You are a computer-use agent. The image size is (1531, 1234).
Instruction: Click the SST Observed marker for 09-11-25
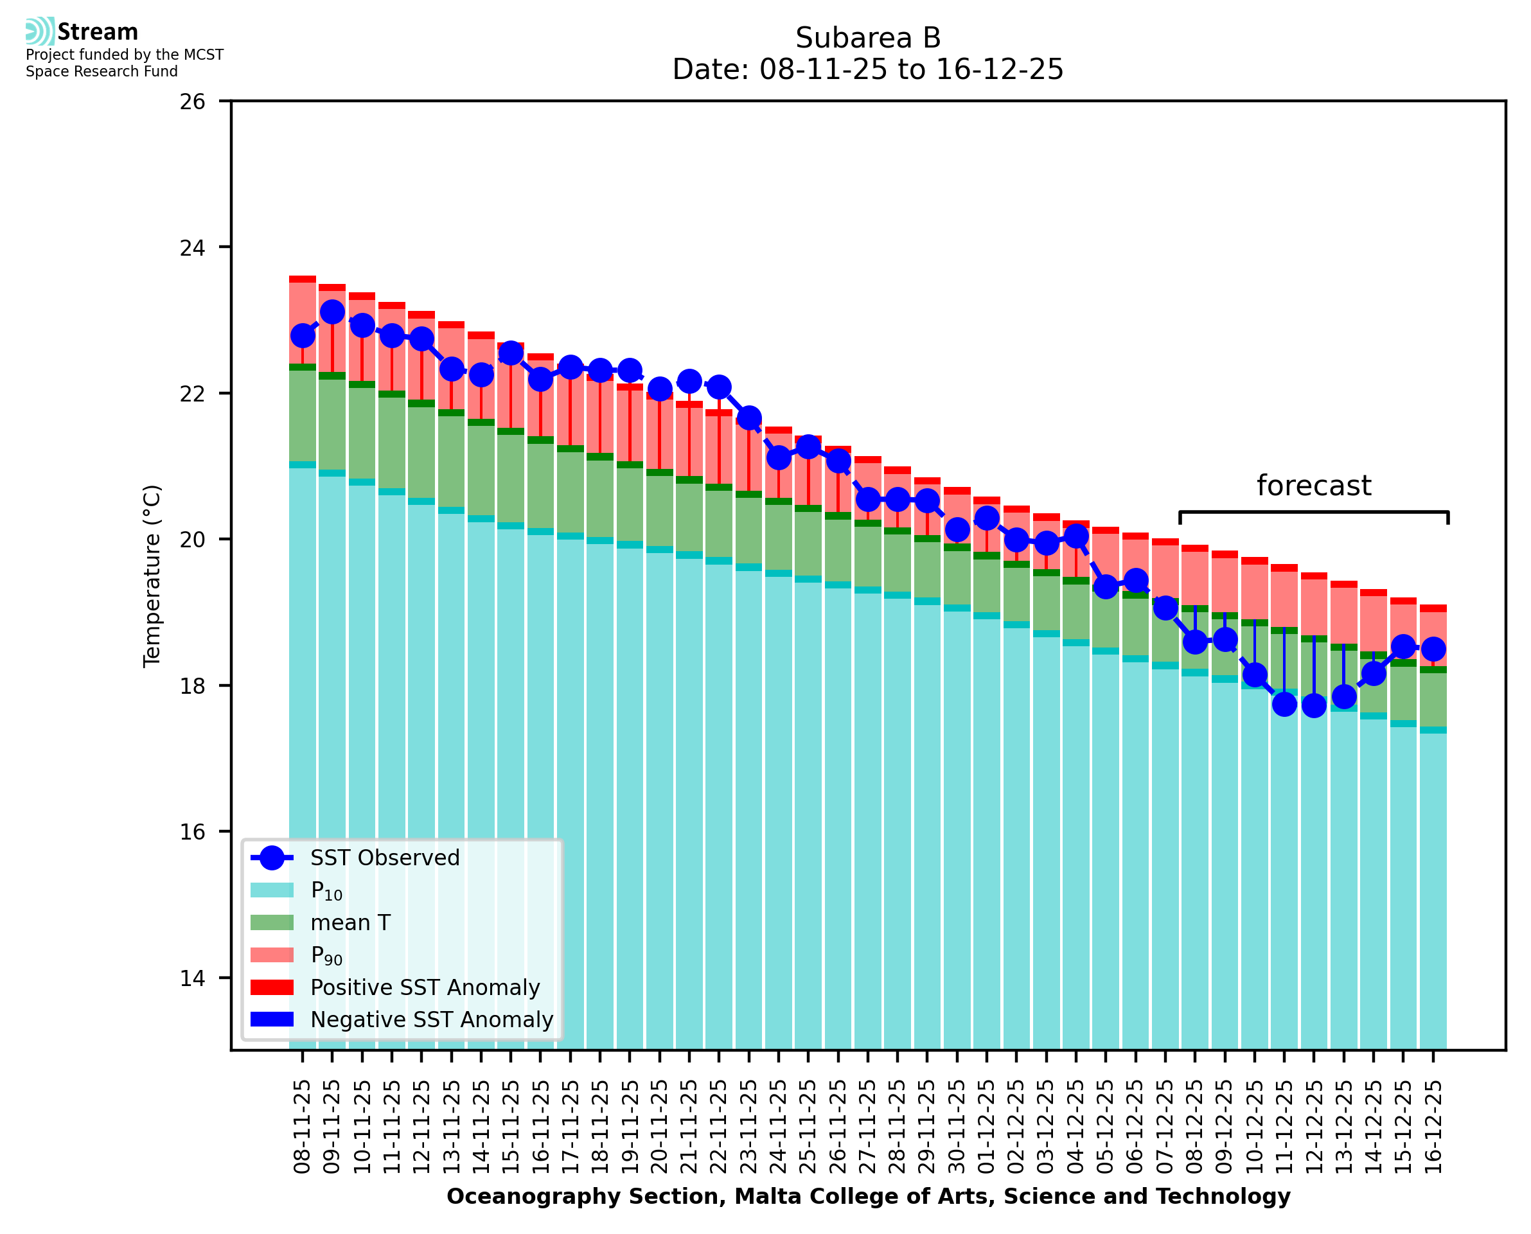pos(332,312)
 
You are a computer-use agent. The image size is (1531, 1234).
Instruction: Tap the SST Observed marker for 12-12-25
pos(1313,705)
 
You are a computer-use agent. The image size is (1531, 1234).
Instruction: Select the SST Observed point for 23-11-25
pos(748,418)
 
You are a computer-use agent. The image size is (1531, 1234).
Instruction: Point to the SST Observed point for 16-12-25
pos(1432,649)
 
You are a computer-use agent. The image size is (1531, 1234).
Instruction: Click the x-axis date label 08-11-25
pos(302,1127)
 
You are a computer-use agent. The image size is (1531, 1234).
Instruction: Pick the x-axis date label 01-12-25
pos(987,1127)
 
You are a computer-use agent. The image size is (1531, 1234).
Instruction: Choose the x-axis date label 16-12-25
pos(1432,1127)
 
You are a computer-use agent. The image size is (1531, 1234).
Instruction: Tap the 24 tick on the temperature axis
pos(192,248)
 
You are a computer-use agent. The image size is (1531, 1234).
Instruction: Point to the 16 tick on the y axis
pos(192,832)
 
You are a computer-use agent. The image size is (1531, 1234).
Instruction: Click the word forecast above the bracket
pos(1313,486)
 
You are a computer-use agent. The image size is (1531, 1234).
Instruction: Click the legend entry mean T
pos(350,922)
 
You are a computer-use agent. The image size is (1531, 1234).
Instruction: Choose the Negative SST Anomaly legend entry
pos(432,1019)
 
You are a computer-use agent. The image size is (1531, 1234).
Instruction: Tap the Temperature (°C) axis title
pos(152,576)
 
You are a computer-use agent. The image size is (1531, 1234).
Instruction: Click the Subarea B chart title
pos(867,38)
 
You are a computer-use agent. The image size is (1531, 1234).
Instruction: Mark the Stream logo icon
pos(40,31)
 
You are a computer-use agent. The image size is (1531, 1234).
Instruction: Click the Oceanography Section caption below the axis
pos(868,1196)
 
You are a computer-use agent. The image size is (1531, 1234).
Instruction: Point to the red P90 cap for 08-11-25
pos(302,279)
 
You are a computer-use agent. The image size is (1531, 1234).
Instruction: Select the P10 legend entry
pos(326,891)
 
